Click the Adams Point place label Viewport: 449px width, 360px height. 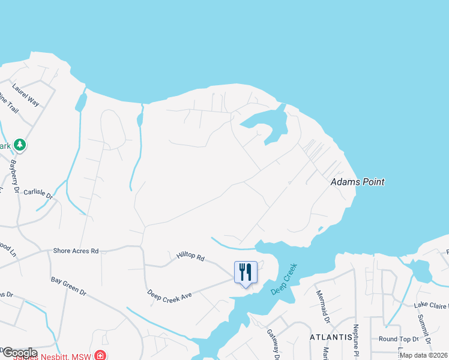(x=358, y=182)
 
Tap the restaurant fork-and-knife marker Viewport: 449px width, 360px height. (x=245, y=272)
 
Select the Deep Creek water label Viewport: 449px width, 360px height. (x=284, y=278)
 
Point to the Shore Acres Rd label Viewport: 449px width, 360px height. (x=76, y=251)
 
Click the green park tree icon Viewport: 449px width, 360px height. (x=20, y=145)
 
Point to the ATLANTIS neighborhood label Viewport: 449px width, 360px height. (x=331, y=337)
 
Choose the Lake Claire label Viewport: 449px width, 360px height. (x=430, y=305)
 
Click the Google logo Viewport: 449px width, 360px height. (x=19, y=353)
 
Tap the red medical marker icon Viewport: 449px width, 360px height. (x=100, y=355)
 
